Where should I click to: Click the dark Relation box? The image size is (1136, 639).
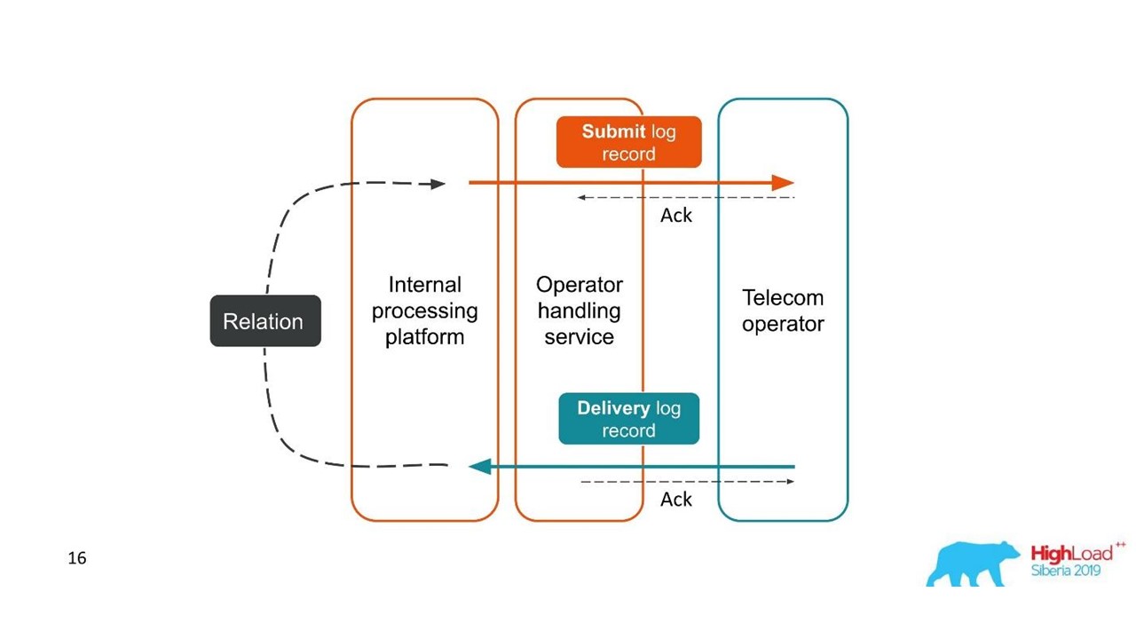pos(265,321)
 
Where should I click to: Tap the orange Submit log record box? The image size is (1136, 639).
pos(629,142)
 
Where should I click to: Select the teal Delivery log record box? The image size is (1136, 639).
pos(629,419)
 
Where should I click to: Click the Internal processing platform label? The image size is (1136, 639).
pos(424,311)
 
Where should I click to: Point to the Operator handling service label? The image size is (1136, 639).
pos(580,311)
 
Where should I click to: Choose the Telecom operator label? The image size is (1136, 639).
pos(783,311)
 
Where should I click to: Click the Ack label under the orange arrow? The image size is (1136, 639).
pos(676,216)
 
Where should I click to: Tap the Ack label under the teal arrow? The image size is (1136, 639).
pos(676,500)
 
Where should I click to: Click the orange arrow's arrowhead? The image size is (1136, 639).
pos(783,183)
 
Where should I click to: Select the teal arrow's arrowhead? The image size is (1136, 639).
pos(480,467)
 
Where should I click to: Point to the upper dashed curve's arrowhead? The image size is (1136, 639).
pos(438,184)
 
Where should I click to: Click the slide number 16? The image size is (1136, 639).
pos(77,558)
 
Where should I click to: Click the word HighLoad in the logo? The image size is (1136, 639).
pos(1071,553)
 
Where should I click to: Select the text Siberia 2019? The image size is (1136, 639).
pos(1066,571)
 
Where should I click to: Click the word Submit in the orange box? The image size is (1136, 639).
pos(613,131)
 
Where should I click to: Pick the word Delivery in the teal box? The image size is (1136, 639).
pos(613,408)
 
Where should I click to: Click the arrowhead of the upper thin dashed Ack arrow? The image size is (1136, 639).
pos(581,197)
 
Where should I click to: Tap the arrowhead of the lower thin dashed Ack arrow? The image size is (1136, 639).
pos(790,481)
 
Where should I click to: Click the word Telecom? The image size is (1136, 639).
pos(783,297)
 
